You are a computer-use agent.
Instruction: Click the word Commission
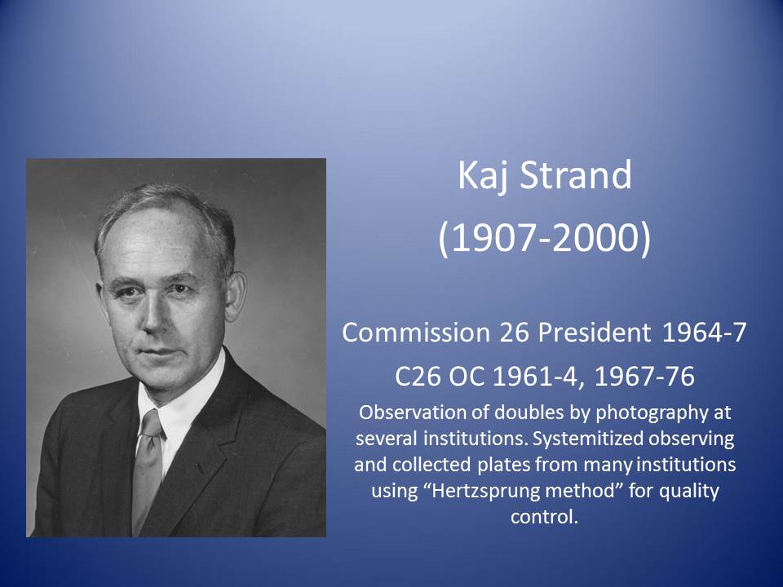pyautogui.click(x=416, y=332)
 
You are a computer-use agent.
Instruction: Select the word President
pyautogui.click(x=595, y=332)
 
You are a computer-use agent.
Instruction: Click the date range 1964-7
pyautogui.click(x=704, y=332)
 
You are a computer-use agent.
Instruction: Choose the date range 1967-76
pyautogui.click(x=644, y=376)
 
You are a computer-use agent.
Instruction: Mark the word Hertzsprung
pyautogui.click(x=522, y=491)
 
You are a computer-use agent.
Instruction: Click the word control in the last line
pyautogui.click(x=544, y=516)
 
